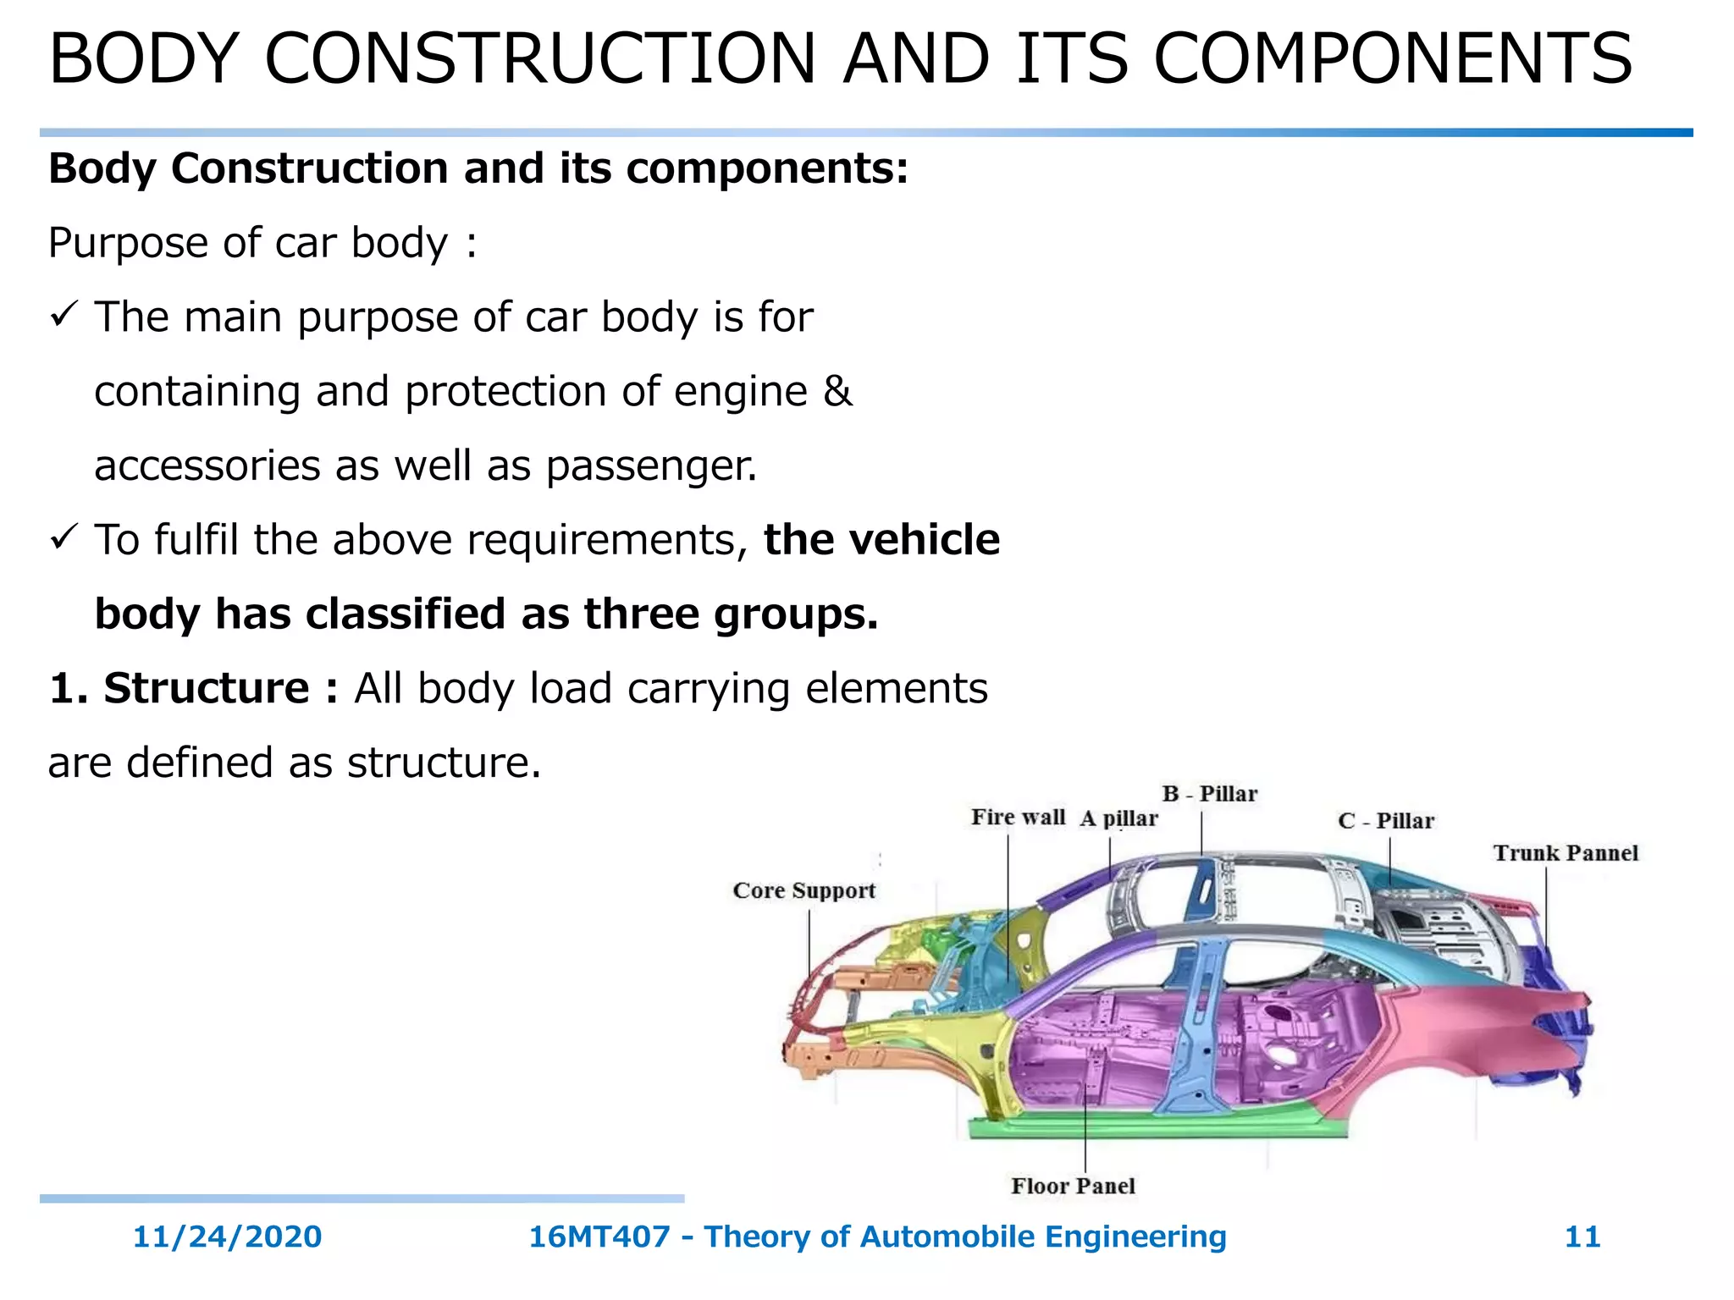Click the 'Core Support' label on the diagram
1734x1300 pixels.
tap(803, 890)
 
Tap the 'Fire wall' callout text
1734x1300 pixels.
tap(1018, 817)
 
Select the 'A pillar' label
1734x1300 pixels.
tap(1118, 818)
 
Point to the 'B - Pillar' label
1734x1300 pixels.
tap(1209, 794)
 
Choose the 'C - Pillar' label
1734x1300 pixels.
tap(1386, 821)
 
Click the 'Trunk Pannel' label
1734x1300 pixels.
tap(1566, 853)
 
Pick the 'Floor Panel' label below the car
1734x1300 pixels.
tap(1073, 1186)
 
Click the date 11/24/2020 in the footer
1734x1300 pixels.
tap(227, 1237)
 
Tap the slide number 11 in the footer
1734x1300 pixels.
tap(1582, 1237)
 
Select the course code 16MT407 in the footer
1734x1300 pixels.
tap(599, 1237)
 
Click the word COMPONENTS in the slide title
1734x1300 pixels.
tap(1393, 58)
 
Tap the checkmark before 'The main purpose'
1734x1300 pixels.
tap(64, 315)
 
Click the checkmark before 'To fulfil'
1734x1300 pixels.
tap(64, 537)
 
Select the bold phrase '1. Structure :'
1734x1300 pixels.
tap(194, 687)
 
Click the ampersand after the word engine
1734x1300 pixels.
tap(837, 391)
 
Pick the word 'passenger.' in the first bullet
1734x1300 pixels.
tap(651, 465)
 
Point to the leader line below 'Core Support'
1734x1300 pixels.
tap(809, 944)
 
